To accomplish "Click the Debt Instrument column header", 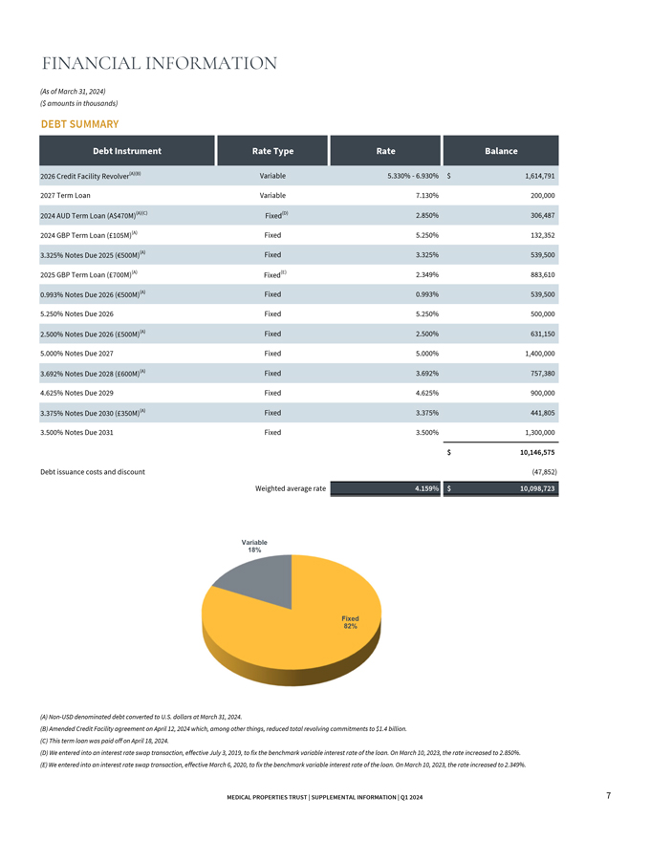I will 127,151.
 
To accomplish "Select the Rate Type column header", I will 272,151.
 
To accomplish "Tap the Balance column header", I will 501,151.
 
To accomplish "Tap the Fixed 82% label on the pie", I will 350,622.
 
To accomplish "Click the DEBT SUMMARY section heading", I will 79,124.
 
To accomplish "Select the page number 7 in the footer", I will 609,796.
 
